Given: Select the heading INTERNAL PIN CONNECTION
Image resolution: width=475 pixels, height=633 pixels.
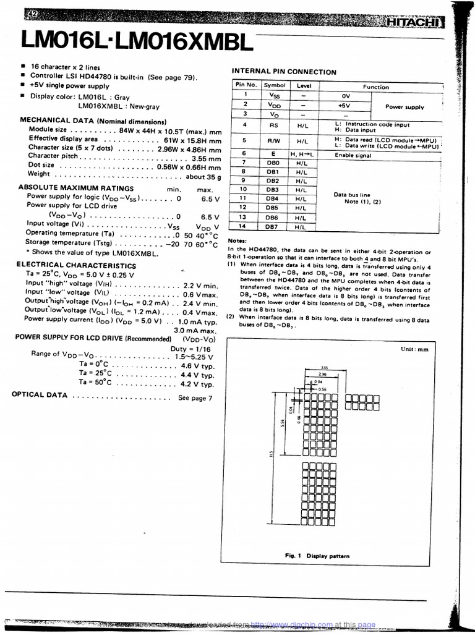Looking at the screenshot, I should [284, 72].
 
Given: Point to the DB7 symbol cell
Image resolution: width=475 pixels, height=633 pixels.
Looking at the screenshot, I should [272, 227].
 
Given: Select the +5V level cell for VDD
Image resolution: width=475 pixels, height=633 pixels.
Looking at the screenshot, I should [344, 105].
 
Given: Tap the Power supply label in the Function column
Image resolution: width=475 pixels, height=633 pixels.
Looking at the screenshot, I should [404, 107].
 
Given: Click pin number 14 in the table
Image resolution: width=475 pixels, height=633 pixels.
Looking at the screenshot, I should [244, 226].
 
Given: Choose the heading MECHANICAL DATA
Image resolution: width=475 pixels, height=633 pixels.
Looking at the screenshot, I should [93, 121].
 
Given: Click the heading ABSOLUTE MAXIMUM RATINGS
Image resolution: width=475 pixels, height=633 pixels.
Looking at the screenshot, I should [75, 188].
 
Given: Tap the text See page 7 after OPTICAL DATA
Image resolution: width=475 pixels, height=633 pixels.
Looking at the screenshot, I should [195, 398].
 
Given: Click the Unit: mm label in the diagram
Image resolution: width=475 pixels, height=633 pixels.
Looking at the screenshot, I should [414, 349].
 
